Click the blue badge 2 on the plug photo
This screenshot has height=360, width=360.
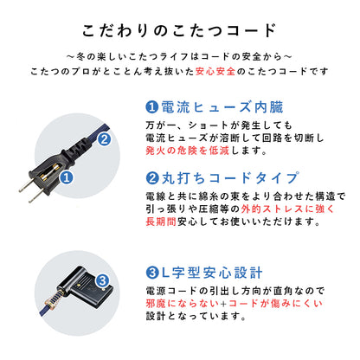pos(102,138)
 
